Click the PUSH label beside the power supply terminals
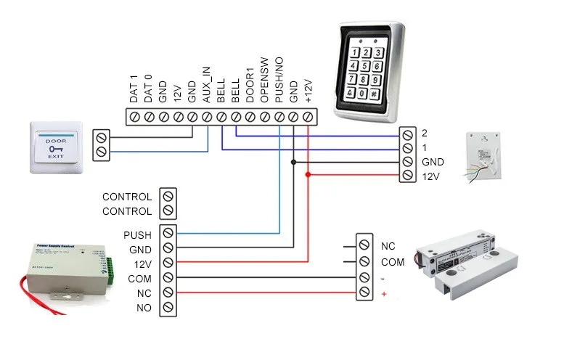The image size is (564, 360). click(137, 235)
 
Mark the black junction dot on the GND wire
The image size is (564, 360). click(293, 162)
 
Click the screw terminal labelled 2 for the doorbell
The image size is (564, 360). click(407, 134)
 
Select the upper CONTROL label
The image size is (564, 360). click(127, 197)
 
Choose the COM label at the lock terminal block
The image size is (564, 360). click(393, 262)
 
